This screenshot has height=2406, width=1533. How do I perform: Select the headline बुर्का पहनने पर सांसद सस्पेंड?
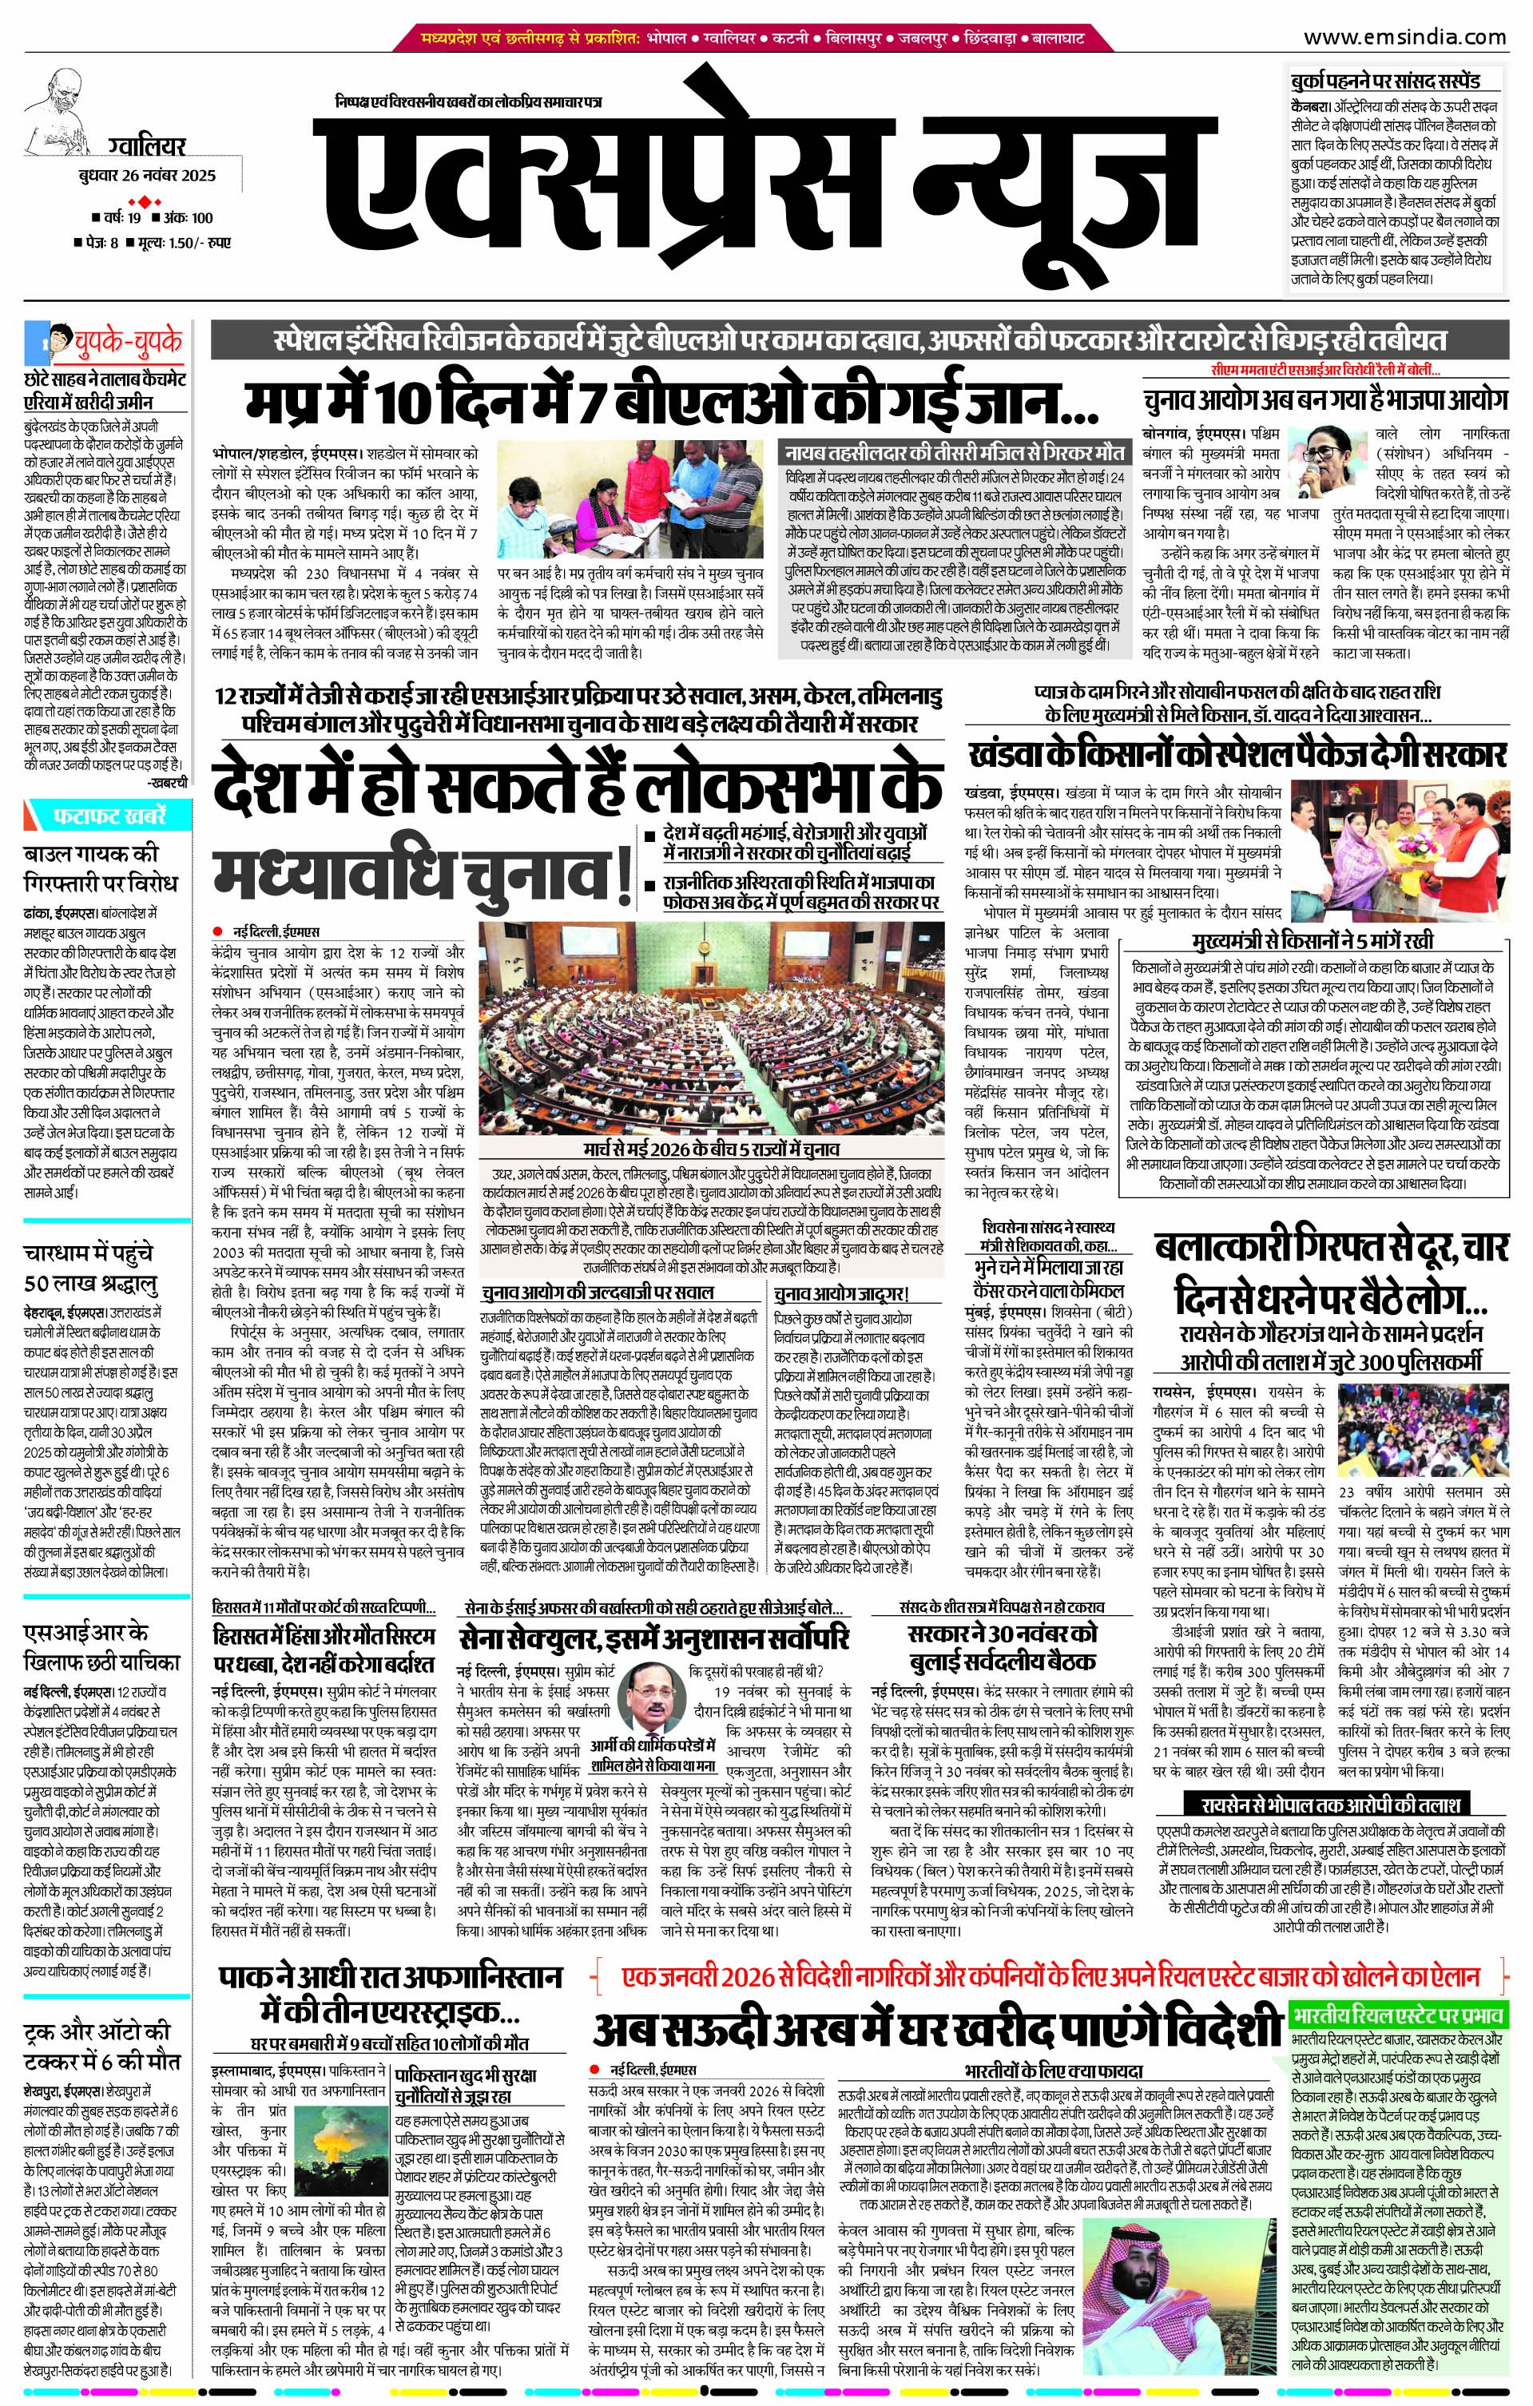(1384, 80)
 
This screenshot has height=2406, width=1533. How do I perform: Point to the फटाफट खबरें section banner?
(110, 816)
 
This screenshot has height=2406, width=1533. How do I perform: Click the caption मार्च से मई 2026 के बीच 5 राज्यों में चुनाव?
(712, 1150)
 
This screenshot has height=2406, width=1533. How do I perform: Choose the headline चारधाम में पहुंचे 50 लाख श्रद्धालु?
(91, 1267)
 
